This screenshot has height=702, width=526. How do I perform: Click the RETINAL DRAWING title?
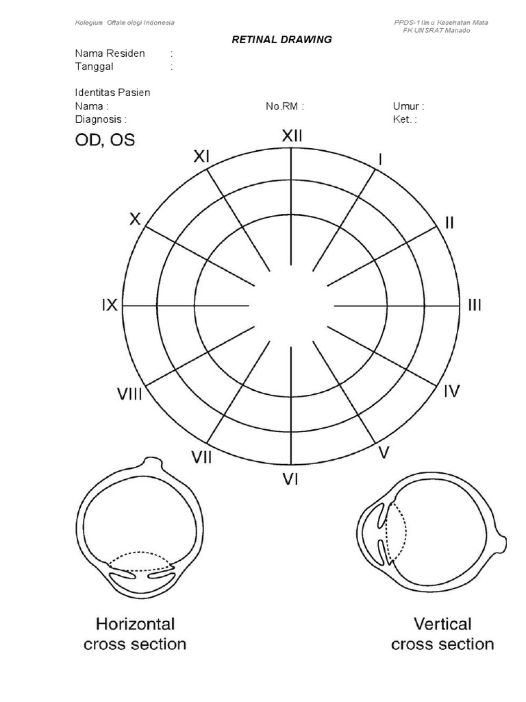(x=281, y=39)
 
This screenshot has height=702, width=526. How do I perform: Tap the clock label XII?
(x=292, y=136)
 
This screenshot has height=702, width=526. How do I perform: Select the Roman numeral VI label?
(x=290, y=479)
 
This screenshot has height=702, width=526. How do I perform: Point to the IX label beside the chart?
(x=110, y=305)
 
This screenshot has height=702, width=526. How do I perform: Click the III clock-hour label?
(x=475, y=305)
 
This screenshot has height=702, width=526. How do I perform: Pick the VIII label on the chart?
(x=129, y=394)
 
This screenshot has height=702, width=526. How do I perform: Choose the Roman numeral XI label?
(x=201, y=156)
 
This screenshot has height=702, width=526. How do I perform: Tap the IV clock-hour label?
(x=452, y=391)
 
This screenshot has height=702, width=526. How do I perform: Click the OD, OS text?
(x=105, y=140)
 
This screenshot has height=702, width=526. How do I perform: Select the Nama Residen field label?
(x=110, y=53)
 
